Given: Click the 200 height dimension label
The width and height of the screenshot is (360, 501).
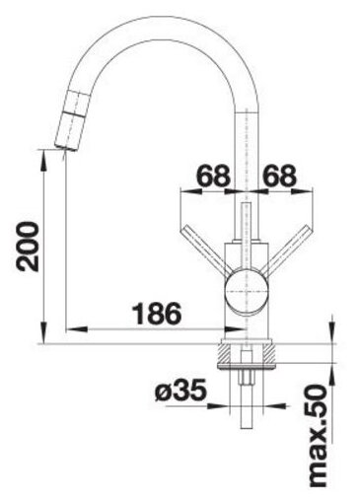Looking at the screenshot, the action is tap(29, 247).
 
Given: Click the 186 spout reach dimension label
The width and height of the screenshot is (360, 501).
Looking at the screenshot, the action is tap(157, 313).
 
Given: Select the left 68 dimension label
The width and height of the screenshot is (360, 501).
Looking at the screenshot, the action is tap(214, 176).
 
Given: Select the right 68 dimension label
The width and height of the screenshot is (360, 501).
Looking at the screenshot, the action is tap(279, 176).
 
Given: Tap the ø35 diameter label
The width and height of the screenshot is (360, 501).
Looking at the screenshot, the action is tap(180, 391).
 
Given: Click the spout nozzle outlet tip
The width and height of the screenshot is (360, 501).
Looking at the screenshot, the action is tap(65, 147).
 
